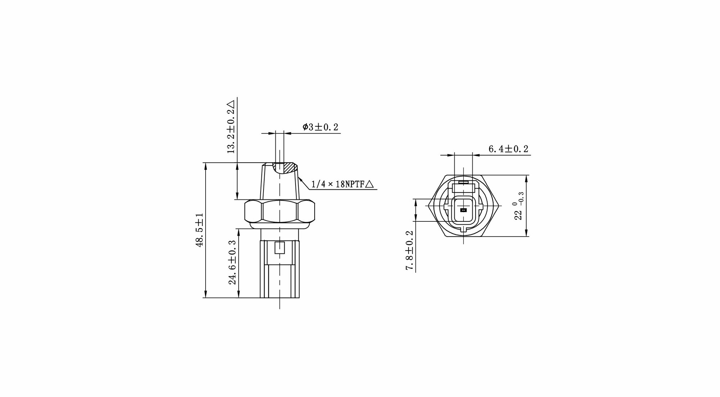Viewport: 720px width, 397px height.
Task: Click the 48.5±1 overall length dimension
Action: [200, 230]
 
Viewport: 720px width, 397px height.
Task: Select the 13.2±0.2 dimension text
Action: [231, 131]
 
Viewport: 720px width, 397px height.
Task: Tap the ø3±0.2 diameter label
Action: [320, 127]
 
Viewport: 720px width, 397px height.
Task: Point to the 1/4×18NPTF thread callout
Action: [338, 185]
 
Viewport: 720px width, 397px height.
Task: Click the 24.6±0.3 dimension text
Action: [233, 262]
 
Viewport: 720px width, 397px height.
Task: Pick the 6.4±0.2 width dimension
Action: [508, 149]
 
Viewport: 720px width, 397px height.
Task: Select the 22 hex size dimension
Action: [518, 215]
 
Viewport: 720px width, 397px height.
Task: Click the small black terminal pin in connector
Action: [463, 210]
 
